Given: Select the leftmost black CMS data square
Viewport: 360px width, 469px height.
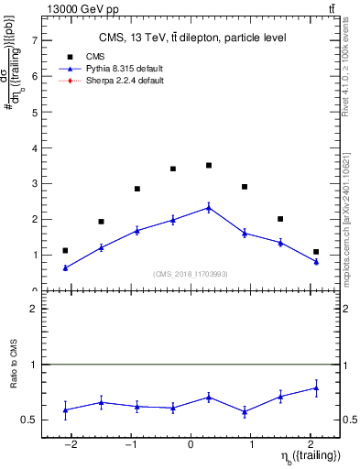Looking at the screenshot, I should click(65, 250).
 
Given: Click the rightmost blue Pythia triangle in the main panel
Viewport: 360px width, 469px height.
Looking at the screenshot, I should click(316, 262).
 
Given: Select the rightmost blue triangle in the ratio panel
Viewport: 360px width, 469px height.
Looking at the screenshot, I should click(316, 388).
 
